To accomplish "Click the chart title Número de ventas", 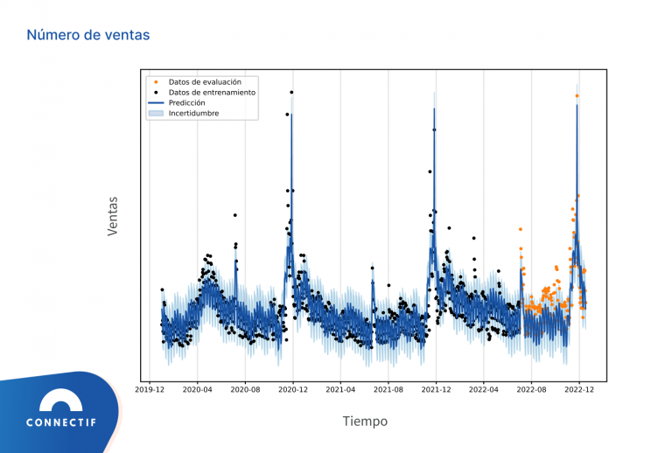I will tap(87, 35).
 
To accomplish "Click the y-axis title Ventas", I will tap(113, 216).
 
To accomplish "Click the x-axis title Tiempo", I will tap(365, 422).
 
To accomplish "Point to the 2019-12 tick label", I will tap(150, 390).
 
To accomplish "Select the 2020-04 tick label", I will tap(197, 390).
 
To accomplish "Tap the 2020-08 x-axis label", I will tap(245, 390).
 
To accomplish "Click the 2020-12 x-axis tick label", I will tap(292, 390).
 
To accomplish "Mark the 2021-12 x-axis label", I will tap(436, 390).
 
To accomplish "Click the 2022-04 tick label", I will tap(483, 390).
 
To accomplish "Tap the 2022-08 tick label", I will tap(530, 390).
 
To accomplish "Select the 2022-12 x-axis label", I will tap(578, 390).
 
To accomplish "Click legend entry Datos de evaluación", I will tap(205, 81).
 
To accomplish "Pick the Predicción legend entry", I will tap(186, 102).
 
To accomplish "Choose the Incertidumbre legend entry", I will tap(193, 113).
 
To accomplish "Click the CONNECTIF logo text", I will tap(61, 422).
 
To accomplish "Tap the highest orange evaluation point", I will tap(577, 96).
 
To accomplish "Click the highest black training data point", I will tap(291, 91).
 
